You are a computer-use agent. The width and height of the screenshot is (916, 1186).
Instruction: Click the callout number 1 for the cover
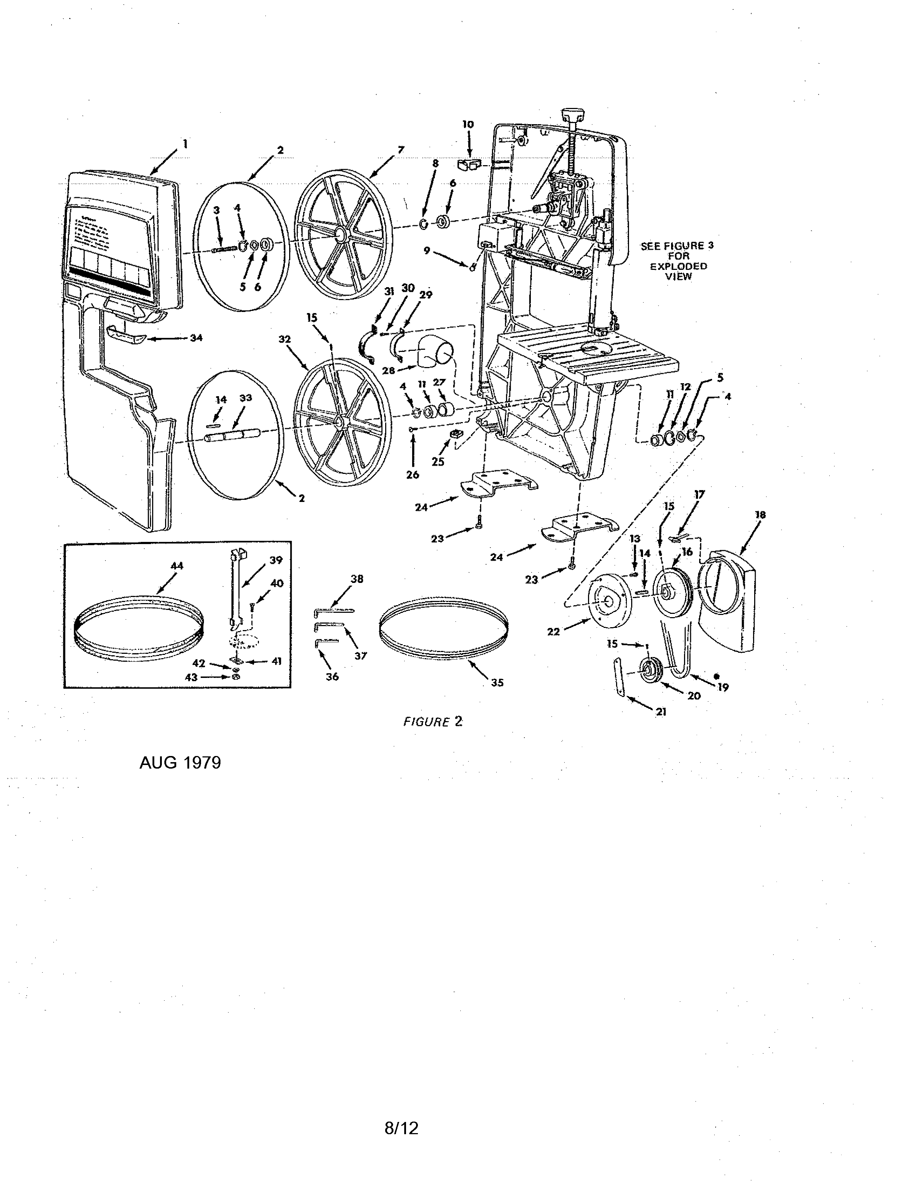pos(185,144)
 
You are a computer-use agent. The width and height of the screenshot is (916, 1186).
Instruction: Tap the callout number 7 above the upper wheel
pos(401,149)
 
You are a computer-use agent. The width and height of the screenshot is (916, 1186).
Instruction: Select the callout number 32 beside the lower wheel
pos(284,339)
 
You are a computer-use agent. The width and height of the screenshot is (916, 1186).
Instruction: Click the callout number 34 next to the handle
pos(196,338)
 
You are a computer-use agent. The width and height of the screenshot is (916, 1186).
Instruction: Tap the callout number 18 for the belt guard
pos(760,515)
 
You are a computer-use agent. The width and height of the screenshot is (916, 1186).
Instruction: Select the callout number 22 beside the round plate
pos(553,632)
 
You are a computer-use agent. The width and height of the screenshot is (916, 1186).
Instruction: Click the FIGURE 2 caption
pos(433,722)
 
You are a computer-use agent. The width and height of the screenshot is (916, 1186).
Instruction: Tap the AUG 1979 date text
pos(180,763)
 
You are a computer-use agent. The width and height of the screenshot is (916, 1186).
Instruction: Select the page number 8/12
pos(402,1128)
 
